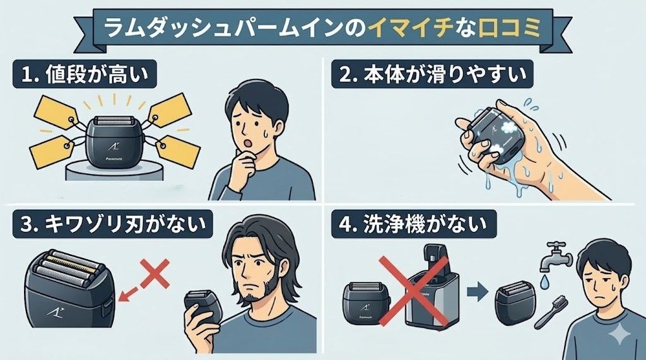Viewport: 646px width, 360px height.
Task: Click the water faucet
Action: point(553,256)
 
